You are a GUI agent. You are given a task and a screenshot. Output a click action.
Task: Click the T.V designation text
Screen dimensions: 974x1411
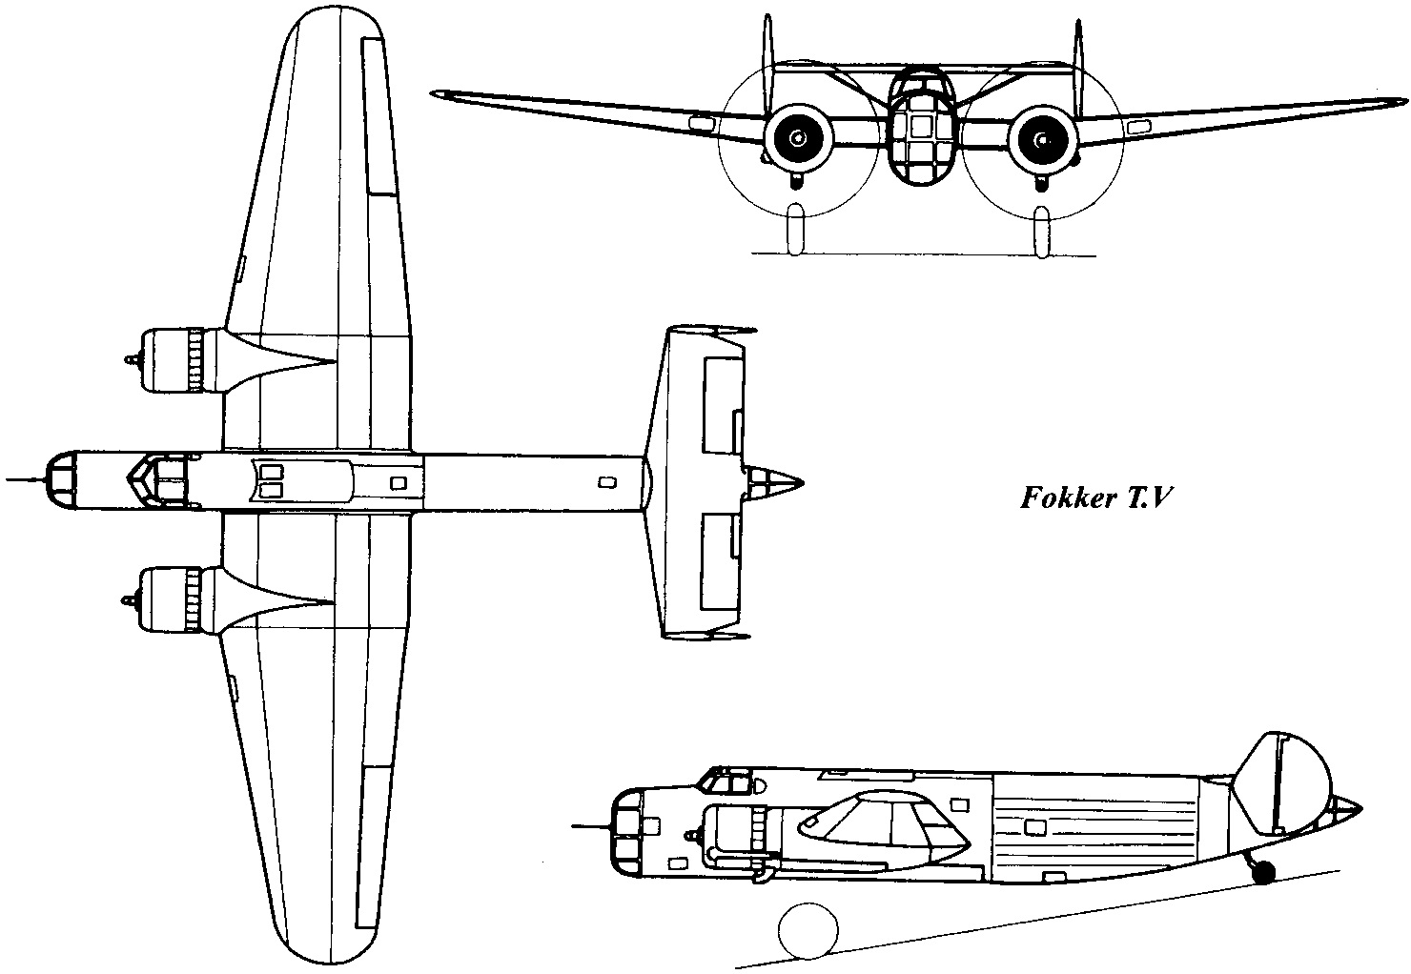coord(1139,499)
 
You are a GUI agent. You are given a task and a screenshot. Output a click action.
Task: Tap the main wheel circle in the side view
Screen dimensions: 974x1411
coord(808,929)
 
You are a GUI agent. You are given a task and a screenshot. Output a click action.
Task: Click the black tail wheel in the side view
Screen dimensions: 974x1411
coord(1263,871)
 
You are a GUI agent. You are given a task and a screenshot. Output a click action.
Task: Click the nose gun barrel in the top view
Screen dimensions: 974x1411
coord(24,479)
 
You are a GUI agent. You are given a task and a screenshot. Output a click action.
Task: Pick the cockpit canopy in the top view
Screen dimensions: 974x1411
coord(157,478)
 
